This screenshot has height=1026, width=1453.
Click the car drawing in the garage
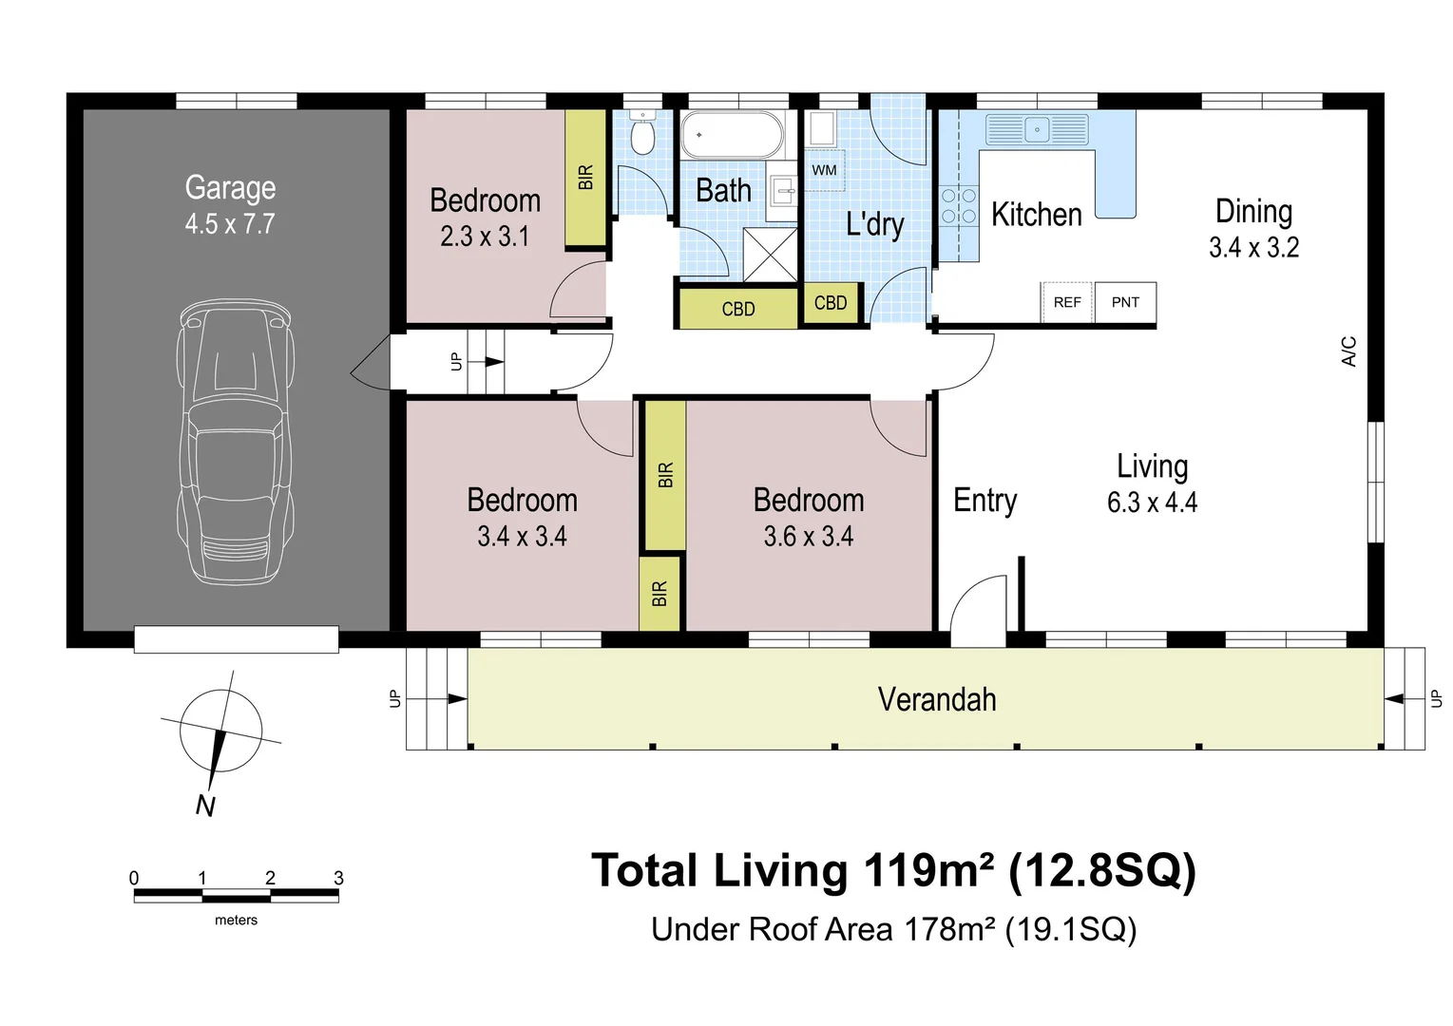(236, 442)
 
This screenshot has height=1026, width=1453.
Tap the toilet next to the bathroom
(642, 132)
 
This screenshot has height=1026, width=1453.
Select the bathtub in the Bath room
(732, 135)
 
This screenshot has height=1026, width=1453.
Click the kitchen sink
(1037, 130)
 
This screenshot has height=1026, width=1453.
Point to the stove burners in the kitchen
(959, 205)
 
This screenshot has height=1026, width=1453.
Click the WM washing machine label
(824, 170)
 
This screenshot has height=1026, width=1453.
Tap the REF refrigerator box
(1067, 302)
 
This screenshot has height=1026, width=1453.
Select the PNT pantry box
(1125, 302)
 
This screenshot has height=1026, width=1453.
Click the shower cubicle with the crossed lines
(770, 255)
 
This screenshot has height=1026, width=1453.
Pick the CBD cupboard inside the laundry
(831, 303)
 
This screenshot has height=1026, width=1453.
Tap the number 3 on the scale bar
(338, 878)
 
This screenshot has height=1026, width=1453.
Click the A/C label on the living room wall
(1348, 351)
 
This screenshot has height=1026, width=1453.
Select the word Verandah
(937, 699)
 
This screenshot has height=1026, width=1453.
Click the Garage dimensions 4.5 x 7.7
(230, 224)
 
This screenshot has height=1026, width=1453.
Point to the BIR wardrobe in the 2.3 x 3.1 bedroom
(585, 178)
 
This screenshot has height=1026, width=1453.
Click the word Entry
(985, 502)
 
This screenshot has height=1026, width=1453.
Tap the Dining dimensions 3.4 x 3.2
(1253, 248)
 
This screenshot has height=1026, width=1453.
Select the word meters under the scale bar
(236, 921)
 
